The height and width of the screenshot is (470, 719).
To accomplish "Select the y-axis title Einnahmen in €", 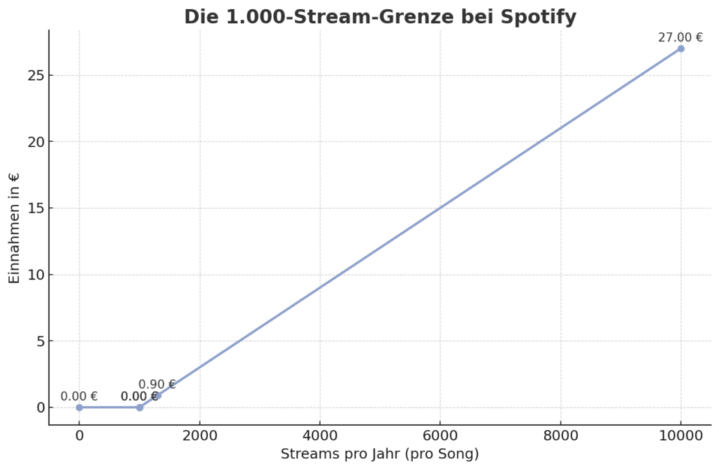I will point(14,228).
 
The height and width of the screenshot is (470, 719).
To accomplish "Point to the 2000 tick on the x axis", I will point(199,436).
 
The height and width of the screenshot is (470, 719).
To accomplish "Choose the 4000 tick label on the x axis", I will point(319,436).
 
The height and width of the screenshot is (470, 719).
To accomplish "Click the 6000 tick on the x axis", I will point(440,436).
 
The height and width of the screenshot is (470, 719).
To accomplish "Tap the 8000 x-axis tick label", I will point(560,436).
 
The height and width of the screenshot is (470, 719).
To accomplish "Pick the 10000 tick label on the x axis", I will point(680,436).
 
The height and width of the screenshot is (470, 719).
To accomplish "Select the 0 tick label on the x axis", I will point(79,436).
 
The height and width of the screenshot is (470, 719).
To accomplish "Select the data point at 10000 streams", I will point(680,48).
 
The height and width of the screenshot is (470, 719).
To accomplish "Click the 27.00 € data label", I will point(680,37).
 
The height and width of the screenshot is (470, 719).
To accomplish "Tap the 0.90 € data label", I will point(157,384).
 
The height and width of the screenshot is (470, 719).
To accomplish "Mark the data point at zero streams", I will point(79,407).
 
